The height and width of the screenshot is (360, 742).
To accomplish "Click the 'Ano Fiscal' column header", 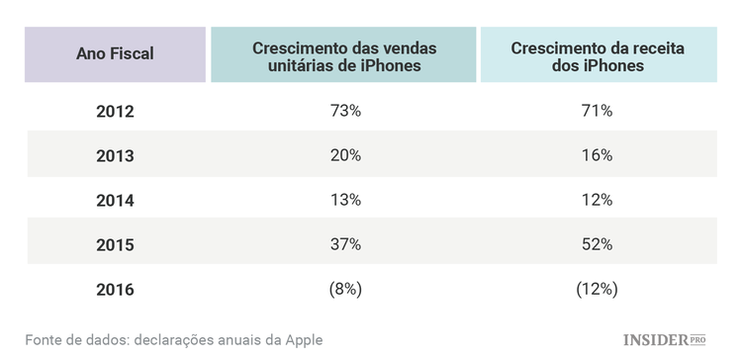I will [x=115, y=54].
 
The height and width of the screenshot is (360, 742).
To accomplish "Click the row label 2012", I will [x=115, y=111].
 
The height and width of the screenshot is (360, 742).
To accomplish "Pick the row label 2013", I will [x=115, y=156].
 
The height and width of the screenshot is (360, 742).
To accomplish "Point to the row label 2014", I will [x=115, y=201].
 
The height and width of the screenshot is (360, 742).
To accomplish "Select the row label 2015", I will [x=115, y=245].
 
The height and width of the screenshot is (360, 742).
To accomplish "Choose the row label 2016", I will [x=115, y=290].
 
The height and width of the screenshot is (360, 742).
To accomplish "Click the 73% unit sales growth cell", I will [x=344, y=111].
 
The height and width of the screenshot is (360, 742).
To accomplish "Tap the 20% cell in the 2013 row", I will [x=344, y=156].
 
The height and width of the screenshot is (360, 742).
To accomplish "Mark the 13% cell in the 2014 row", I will [x=344, y=201].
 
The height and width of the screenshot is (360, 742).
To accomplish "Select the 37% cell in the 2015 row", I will [x=344, y=245].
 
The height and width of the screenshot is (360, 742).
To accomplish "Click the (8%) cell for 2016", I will [x=344, y=290].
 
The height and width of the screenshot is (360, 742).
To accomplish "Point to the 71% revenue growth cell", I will [x=597, y=111].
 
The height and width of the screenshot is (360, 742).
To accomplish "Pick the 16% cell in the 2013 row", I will [x=597, y=156].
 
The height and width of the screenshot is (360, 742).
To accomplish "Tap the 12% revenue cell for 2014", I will [x=597, y=201].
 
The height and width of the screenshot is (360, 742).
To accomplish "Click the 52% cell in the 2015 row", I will [x=597, y=245].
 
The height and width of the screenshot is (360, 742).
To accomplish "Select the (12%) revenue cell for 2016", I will [x=597, y=290].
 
